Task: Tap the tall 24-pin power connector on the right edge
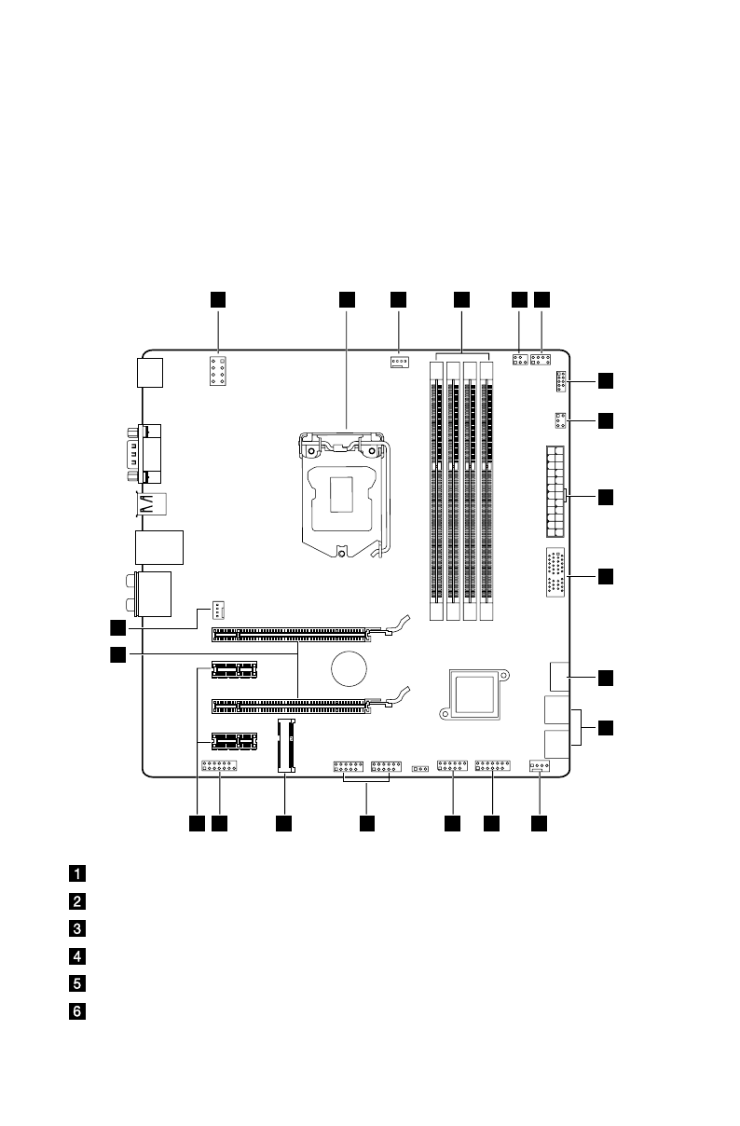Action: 553,492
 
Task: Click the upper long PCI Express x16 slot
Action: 291,635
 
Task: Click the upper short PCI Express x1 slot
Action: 234,668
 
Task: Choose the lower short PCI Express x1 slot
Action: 234,742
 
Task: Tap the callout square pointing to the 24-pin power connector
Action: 606,497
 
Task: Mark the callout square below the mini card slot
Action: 284,823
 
